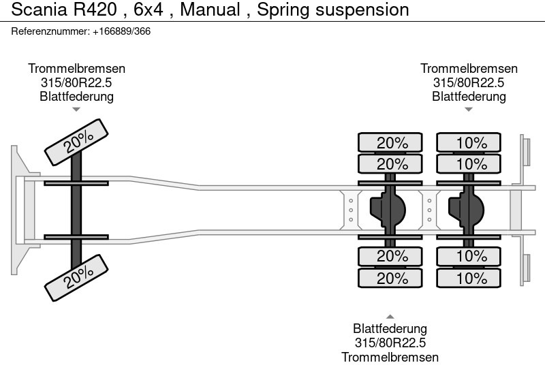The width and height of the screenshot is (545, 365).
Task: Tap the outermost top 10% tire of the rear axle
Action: (x=469, y=143)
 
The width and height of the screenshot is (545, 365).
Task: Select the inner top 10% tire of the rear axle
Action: (x=469, y=164)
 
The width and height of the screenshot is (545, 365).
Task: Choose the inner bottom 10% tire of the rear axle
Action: (x=469, y=256)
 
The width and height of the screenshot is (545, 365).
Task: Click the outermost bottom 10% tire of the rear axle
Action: (x=469, y=278)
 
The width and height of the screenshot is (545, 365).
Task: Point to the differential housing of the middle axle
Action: (x=388, y=210)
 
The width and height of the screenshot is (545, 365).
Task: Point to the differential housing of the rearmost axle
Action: (x=466, y=210)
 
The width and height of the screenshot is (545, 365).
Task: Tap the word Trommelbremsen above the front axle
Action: (x=76, y=69)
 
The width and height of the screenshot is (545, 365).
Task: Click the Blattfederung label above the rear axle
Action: (x=469, y=97)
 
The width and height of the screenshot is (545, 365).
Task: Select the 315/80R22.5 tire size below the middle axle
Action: (x=390, y=343)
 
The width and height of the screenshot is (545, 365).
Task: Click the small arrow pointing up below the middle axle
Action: (x=390, y=317)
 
